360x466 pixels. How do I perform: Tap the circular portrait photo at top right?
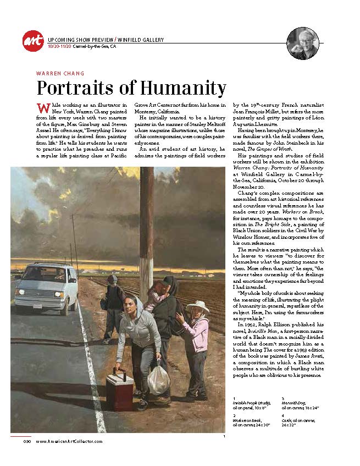[302, 43]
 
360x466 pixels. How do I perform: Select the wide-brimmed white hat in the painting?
[197, 306]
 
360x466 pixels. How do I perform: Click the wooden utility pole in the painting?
[147, 231]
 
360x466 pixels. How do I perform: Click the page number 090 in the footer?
[26, 441]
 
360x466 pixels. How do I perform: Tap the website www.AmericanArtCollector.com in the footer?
[69, 441]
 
